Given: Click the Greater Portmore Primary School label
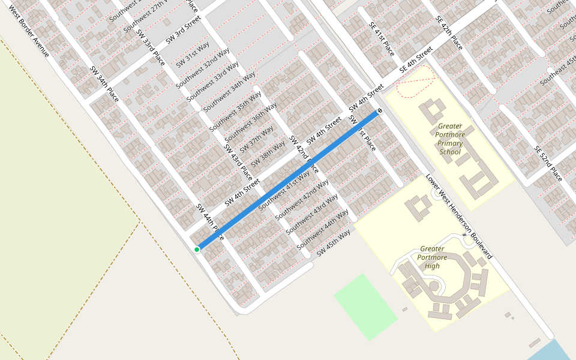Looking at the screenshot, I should click(450, 139).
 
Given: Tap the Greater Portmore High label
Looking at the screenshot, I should click(432, 257).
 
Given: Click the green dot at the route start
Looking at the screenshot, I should click(197, 249).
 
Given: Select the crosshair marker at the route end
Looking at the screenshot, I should click(380, 111).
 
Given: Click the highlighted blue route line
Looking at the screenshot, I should click(288, 180).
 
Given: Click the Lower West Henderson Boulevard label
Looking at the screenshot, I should click(459, 217).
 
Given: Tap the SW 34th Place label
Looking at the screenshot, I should click(104, 83).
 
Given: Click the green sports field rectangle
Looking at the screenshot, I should click(365, 307).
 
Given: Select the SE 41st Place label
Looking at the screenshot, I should click(381, 38).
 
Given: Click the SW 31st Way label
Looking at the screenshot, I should click(193, 55).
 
